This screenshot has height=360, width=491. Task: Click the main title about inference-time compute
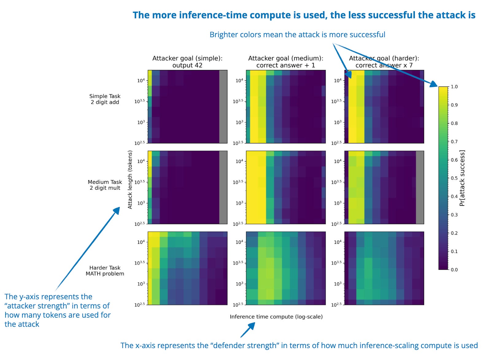304,15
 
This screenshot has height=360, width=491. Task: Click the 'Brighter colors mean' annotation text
297,35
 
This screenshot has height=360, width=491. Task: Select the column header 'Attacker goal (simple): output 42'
187,62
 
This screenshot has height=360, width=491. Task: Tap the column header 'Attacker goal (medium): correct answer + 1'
285,62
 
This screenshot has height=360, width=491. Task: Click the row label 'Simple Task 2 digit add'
105,99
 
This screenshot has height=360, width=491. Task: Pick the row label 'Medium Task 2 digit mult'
105,185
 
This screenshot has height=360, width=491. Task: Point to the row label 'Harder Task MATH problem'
105,271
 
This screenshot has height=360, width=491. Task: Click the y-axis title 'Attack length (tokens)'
130,180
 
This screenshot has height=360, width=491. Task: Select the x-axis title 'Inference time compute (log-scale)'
276,317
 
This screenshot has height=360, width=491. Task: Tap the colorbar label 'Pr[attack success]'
462,178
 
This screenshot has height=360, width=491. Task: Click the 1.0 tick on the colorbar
454,87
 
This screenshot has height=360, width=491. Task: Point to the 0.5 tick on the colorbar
454,178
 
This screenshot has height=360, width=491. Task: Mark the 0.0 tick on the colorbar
454,270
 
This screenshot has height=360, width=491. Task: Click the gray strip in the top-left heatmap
223,106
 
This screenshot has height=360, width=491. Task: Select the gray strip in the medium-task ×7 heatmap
420,187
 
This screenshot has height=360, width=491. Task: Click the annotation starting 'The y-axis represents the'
57,310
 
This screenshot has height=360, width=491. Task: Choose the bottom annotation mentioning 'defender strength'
299,346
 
